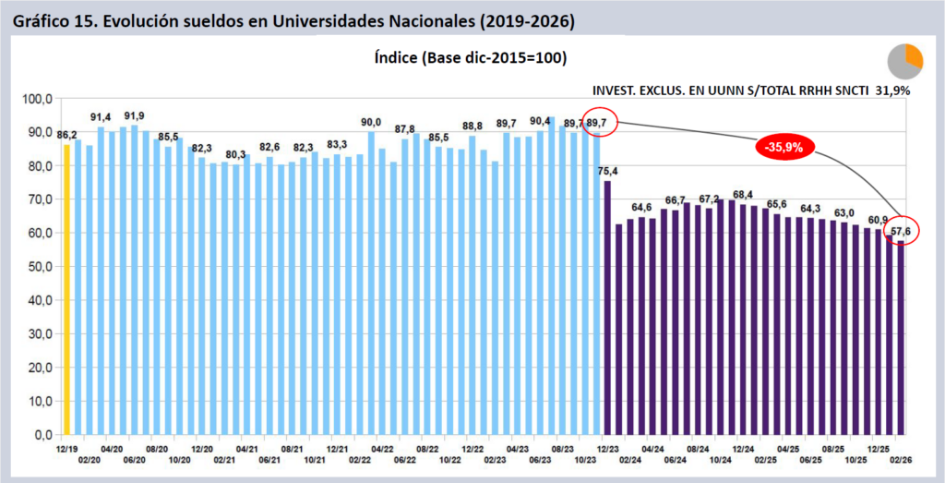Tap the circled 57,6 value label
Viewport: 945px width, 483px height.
click(x=901, y=230)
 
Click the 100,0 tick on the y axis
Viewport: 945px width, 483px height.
click(x=39, y=99)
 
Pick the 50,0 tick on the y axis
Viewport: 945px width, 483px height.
click(x=41, y=267)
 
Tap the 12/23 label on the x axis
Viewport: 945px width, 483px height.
click(x=606, y=446)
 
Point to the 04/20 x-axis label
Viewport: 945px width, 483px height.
click(x=112, y=446)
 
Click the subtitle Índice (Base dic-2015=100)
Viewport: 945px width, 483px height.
click(x=470, y=57)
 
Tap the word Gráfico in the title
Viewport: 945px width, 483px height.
click(x=42, y=20)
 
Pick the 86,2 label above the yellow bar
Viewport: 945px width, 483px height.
click(x=66, y=135)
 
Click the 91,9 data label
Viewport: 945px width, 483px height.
click(x=135, y=115)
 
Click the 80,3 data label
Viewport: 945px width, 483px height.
click(x=235, y=154)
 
